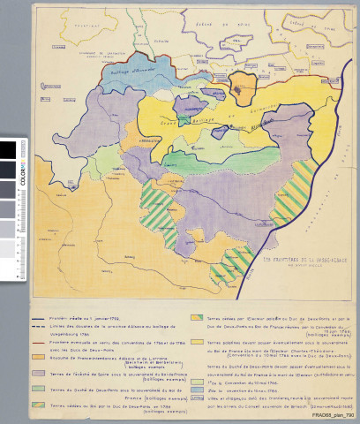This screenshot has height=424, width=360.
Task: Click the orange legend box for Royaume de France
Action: point(41,356)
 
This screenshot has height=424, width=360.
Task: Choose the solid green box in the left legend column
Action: point(41,390)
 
